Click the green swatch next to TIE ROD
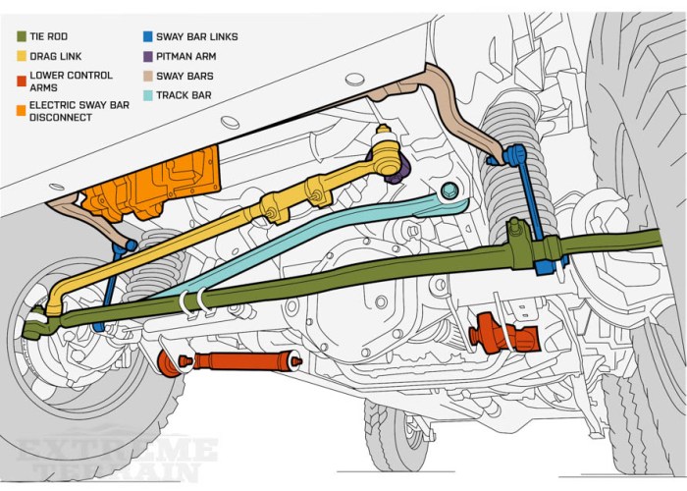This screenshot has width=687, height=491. click(x=22, y=36)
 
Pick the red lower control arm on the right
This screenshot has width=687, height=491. click(x=505, y=335)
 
